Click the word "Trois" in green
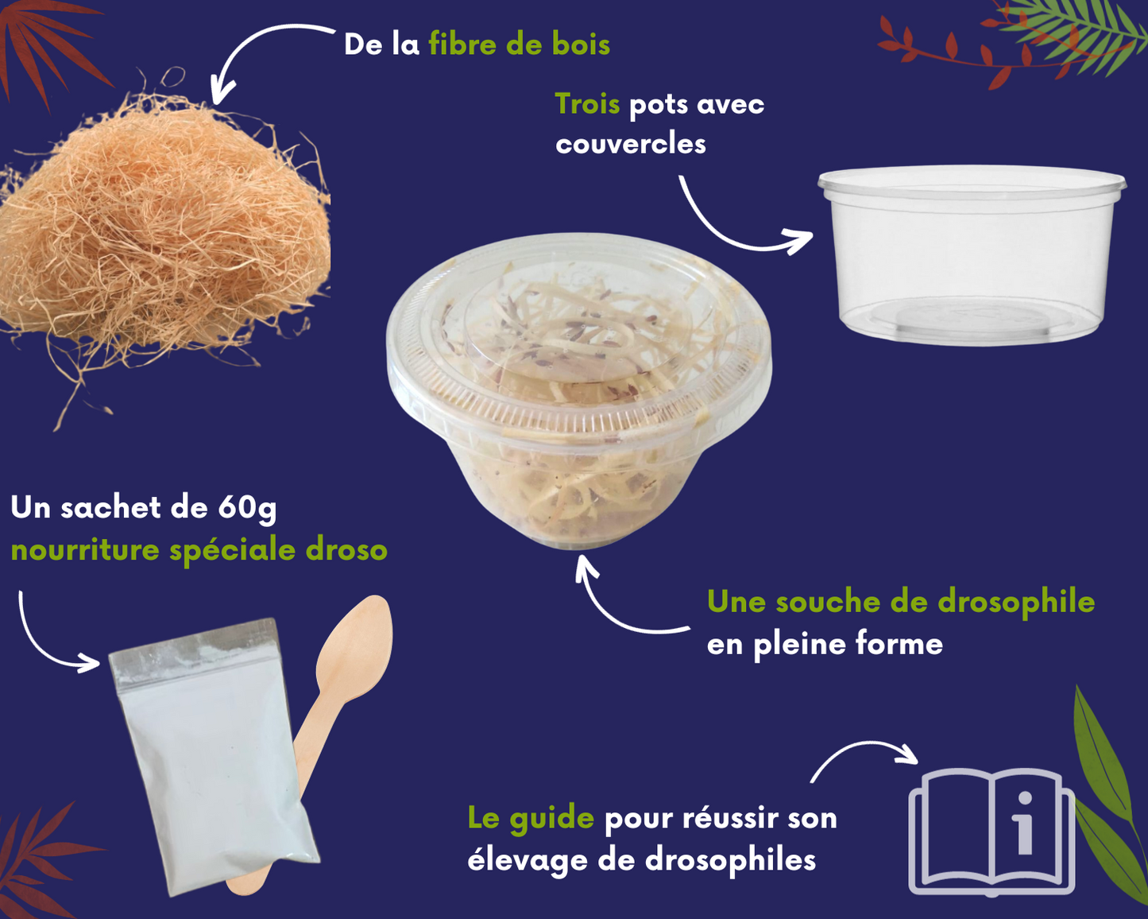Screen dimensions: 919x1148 click(x=587, y=104)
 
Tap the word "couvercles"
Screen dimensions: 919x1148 click(x=631, y=144)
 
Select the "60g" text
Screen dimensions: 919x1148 click(x=246, y=508)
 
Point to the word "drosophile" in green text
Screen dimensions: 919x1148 click(x=1016, y=602)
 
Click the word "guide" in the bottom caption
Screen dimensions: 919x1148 click(x=553, y=818)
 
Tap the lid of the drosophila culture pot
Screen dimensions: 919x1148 click(x=578, y=334)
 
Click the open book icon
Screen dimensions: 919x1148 click(x=991, y=831)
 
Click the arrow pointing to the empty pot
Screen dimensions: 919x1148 click(x=735, y=227)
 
